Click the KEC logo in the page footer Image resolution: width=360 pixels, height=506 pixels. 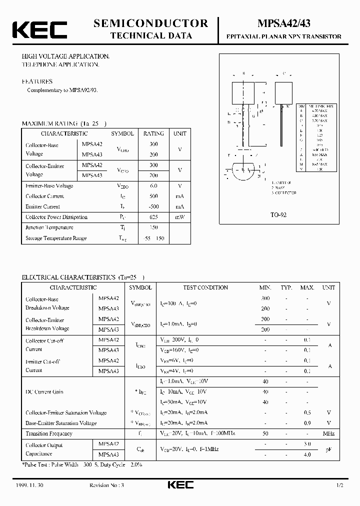(179, 485)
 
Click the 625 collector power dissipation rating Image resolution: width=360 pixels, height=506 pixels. (153, 217)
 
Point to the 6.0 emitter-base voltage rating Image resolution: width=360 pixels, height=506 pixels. (153, 186)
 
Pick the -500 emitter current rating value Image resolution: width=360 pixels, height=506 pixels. (153, 206)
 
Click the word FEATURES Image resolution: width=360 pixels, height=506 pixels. (36, 81)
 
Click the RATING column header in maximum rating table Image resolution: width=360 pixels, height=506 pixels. (153, 133)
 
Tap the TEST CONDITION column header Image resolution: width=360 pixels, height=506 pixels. (205, 287)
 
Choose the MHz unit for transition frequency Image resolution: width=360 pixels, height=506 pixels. (328, 433)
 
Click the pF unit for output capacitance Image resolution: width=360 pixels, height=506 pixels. (328, 449)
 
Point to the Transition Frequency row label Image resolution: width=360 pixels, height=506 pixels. (49, 433)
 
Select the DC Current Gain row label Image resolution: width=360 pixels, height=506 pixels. (44, 392)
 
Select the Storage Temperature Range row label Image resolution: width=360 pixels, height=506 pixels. (56, 238)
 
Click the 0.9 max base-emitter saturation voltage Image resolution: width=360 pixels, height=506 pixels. (307, 423)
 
